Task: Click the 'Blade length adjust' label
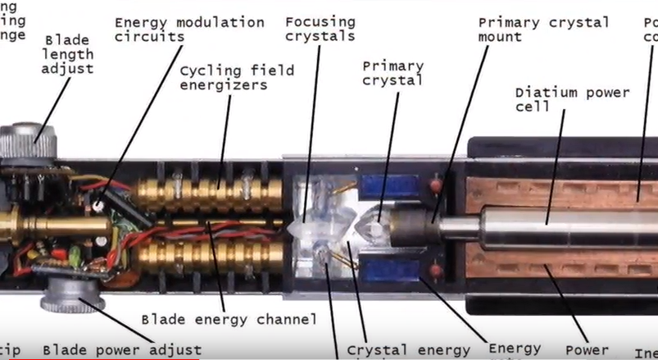pyautogui.click(x=69, y=54)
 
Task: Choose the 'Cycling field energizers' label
pyautogui.click(x=237, y=79)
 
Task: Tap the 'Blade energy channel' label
pyautogui.click(x=229, y=319)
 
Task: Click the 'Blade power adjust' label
pyautogui.click(x=122, y=350)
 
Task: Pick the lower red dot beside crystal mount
pyautogui.click(x=437, y=269)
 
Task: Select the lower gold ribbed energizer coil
pyautogui.click(x=205, y=259)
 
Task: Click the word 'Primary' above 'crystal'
pyautogui.click(x=393, y=66)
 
